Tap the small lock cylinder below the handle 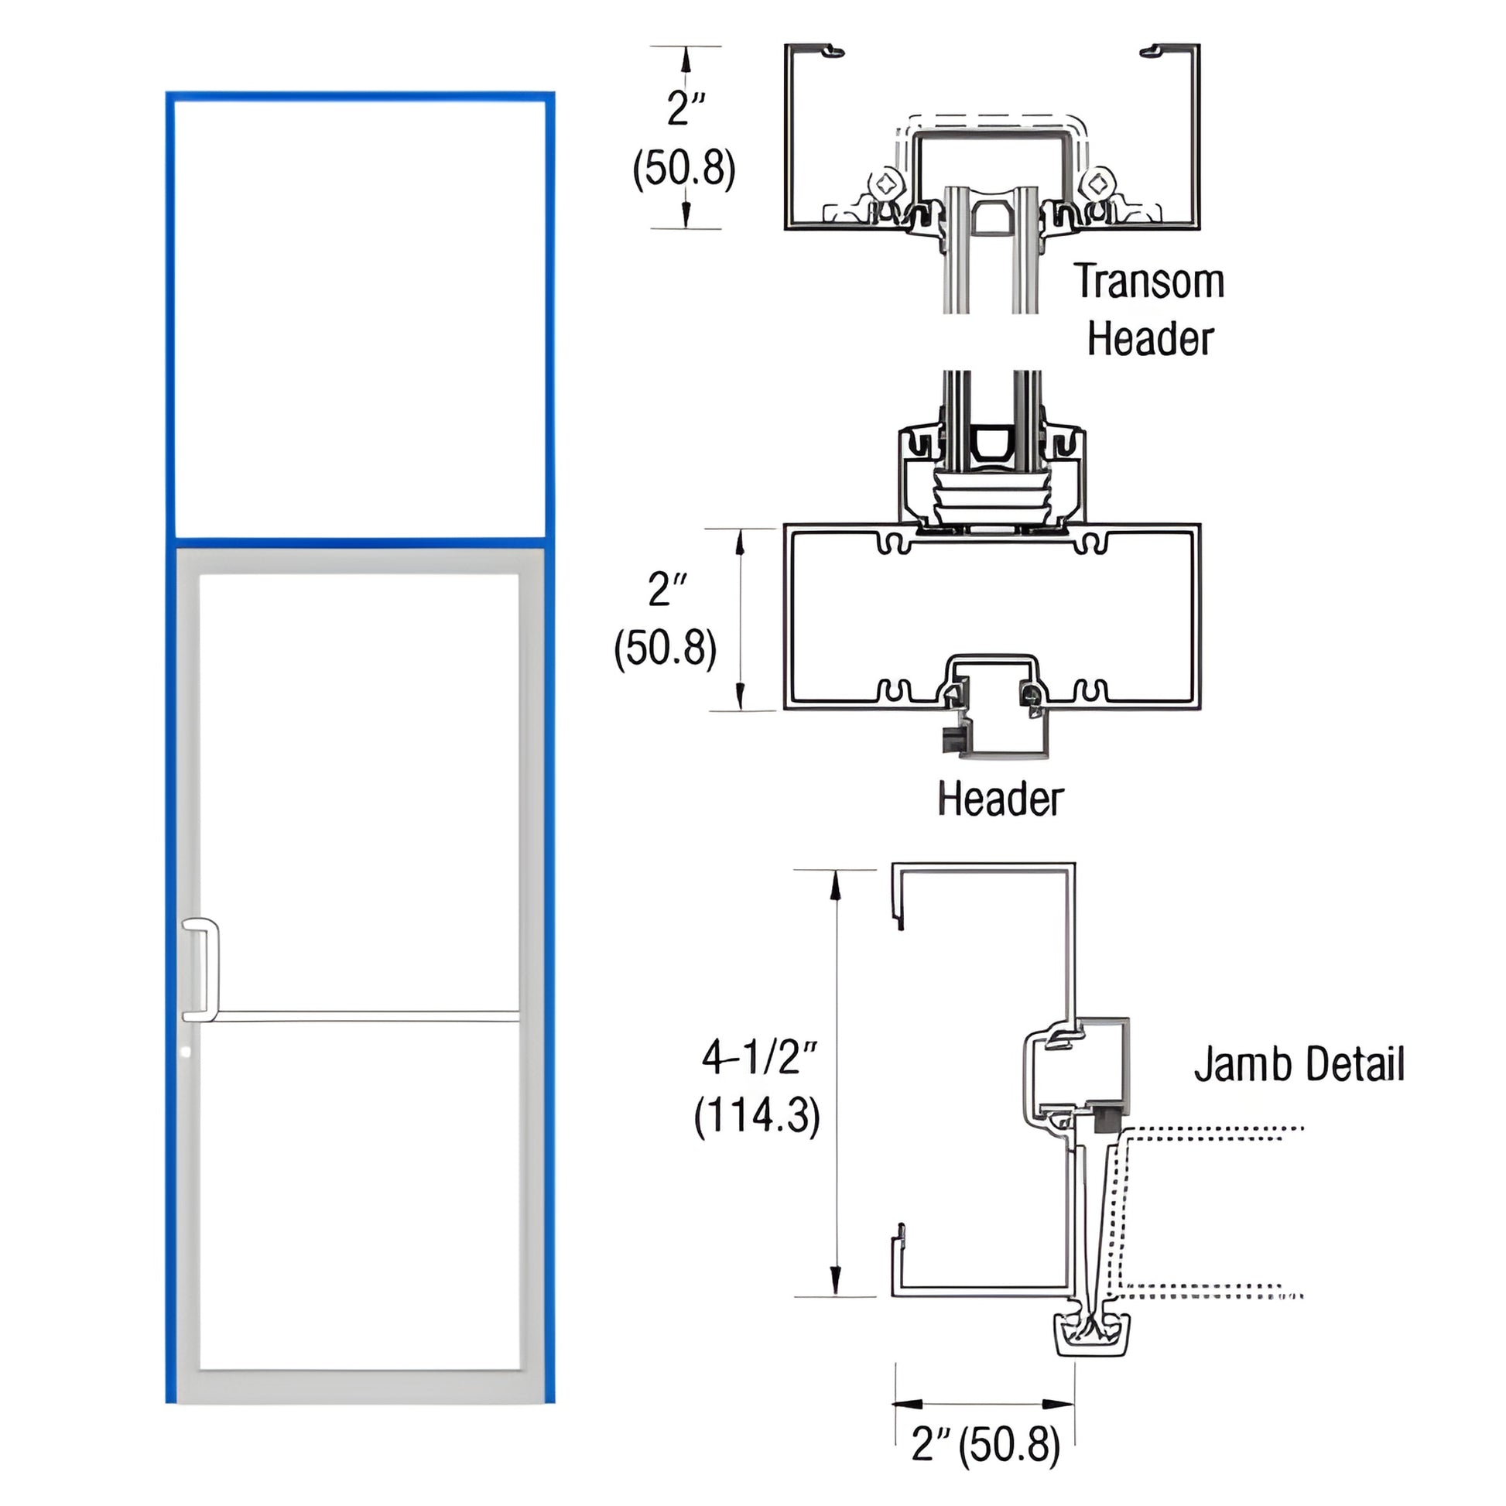pos(185,1052)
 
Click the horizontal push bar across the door pos(366,1016)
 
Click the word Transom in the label pos(1149,282)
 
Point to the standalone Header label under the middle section pos(1000,799)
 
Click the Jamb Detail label pos(1299,1064)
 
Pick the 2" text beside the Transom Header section pos(686,108)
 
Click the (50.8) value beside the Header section pos(665,648)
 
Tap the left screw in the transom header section pos(886,185)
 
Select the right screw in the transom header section pos(1097,185)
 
